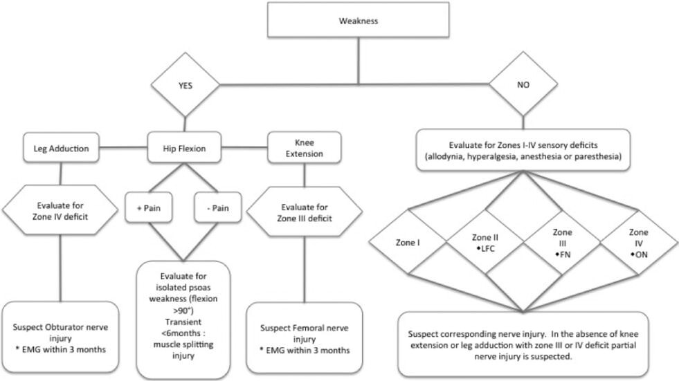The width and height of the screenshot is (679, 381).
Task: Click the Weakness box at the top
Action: pos(358,21)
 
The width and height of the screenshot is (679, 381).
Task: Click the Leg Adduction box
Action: pos(60,147)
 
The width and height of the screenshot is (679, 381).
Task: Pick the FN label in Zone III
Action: pos(562,254)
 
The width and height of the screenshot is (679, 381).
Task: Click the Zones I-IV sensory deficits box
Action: pos(523,150)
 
